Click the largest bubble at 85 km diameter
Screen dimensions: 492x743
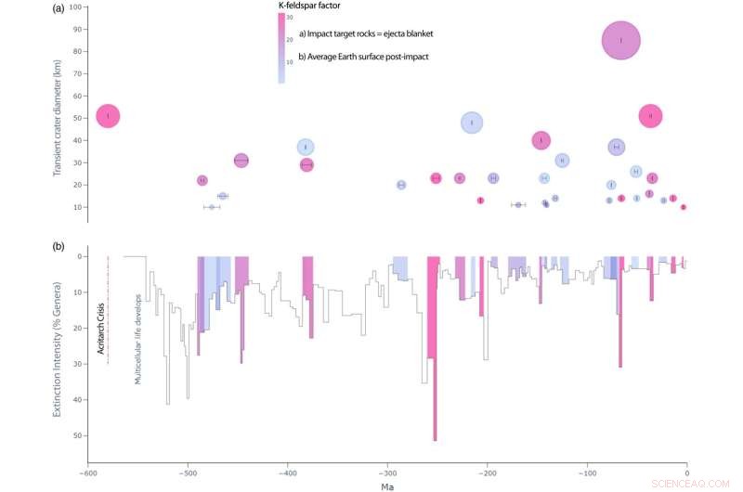tap(620, 41)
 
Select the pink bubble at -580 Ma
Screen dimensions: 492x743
tap(109, 116)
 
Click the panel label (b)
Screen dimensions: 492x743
tap(59, 246)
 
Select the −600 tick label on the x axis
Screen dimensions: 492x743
tap(86, 473)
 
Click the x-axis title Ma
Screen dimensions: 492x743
tap(386, 486)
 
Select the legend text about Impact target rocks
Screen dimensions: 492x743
tap(366, 33)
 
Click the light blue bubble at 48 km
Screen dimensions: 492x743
tap(472, 123)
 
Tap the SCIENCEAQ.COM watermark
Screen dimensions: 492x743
tap(695, 484)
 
